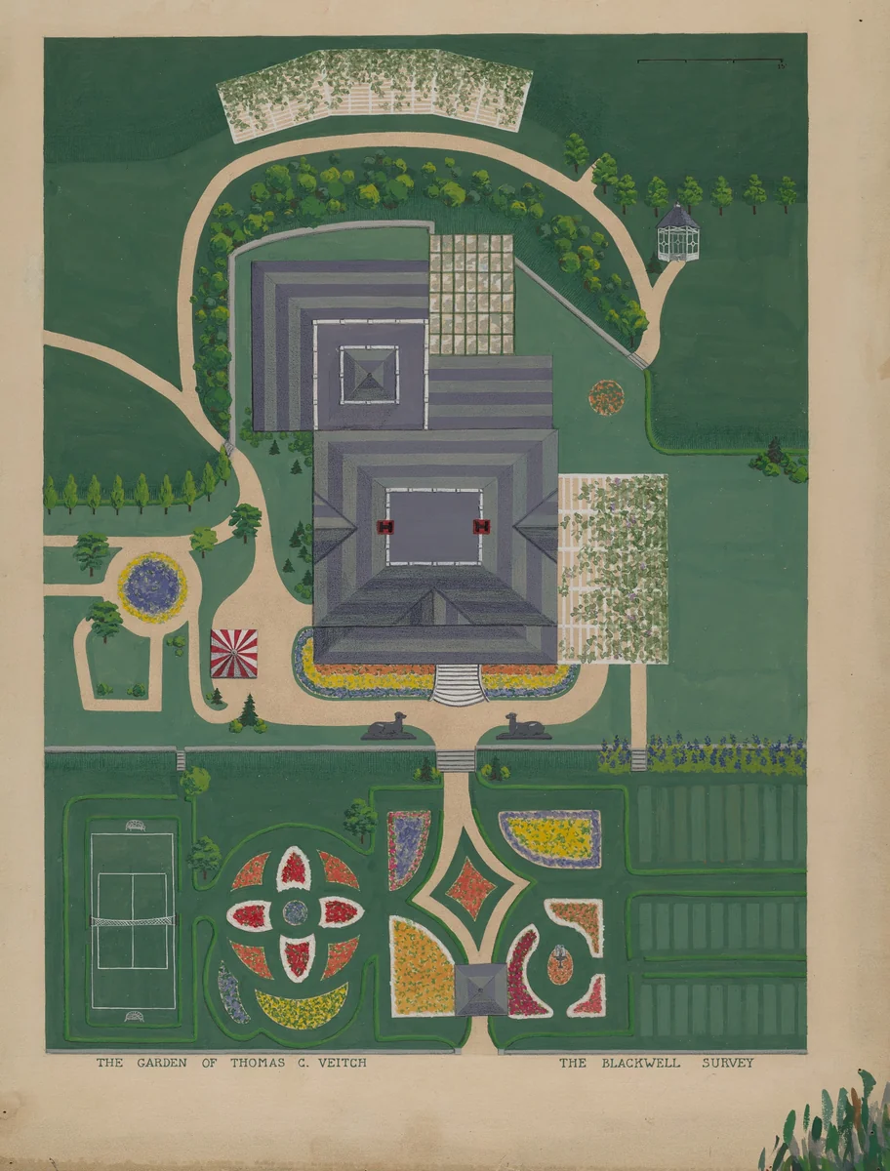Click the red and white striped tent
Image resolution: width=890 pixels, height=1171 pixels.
click(x=234, y=653)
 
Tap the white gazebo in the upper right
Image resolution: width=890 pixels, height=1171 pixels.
click(x=677, y=233)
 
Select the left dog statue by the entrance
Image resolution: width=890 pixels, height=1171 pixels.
click(x=388, y=726)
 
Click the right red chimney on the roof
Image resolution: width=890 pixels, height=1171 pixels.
click(x=480, y=527)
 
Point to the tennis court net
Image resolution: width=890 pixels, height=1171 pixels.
click(x=133, y=919)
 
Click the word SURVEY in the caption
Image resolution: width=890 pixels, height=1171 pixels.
click(x=727, y=1063)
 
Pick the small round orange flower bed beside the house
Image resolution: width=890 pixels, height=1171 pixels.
click(x=606, y=396)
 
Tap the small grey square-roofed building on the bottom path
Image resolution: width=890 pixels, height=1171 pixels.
click(x=482, y=989)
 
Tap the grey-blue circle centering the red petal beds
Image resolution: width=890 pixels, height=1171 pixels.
click(x=295, y=912)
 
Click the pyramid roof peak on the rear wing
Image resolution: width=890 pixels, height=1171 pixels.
click(x=370, y=374)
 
